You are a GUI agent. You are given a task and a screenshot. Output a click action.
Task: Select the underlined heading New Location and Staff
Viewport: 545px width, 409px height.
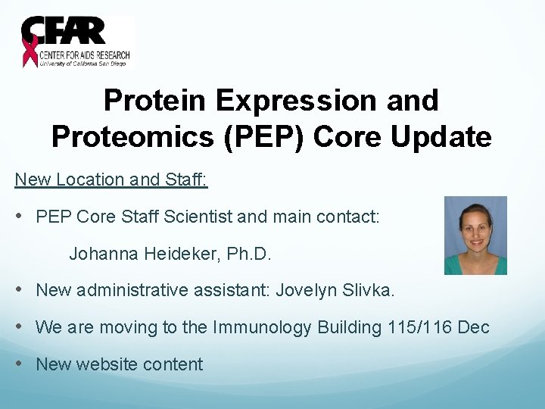(x=112, y=180)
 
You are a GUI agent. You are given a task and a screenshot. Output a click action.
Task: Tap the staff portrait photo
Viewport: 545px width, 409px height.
(x=475, y=235)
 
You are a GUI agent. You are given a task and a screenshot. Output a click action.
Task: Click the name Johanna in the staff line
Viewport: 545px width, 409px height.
(x=101, y=254)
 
